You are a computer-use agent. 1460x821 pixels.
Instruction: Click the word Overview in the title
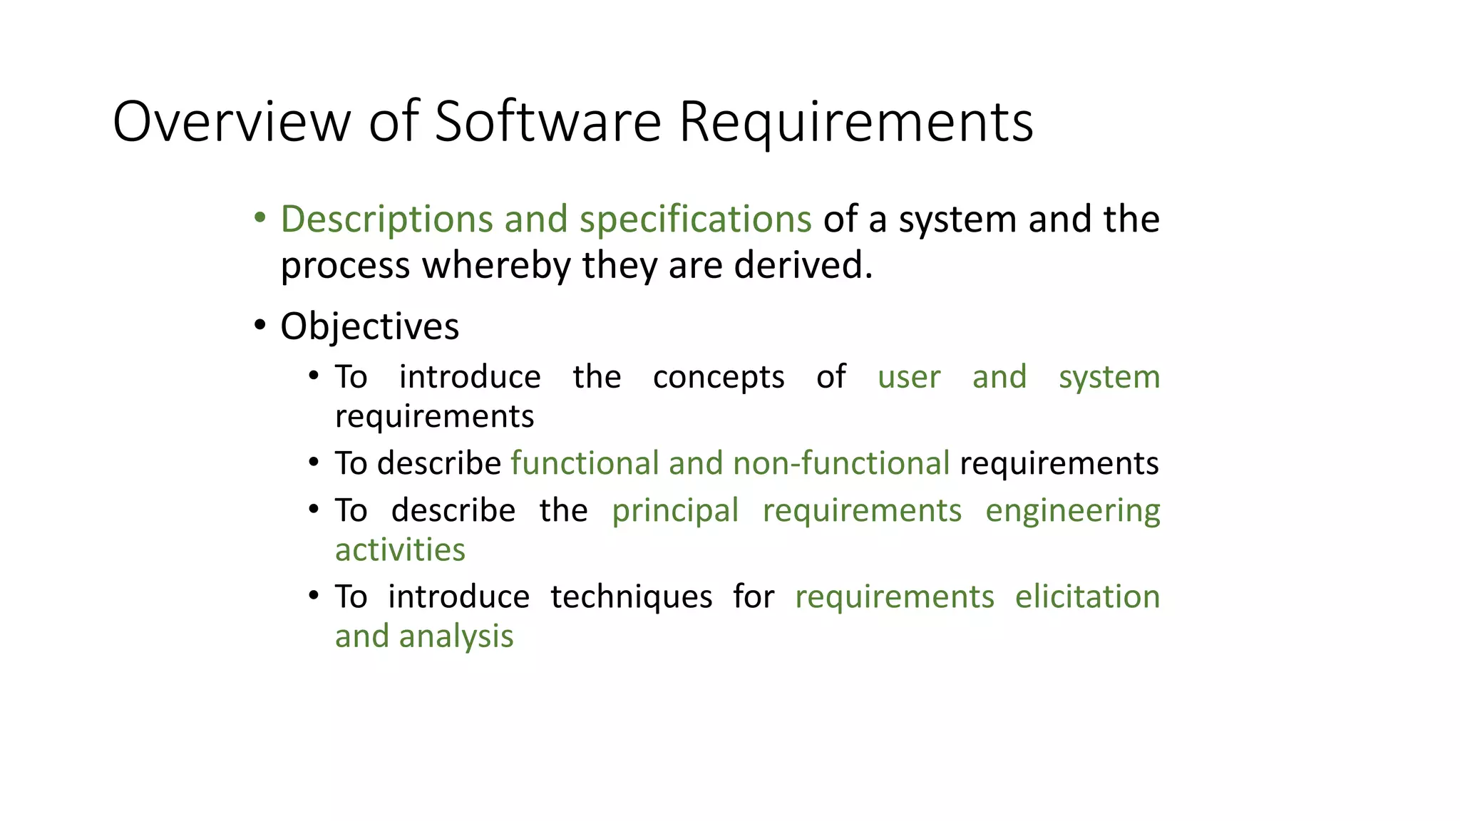[232, 122]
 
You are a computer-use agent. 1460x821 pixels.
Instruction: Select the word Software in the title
[547, 122]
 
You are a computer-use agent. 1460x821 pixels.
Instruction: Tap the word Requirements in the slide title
[855, 122]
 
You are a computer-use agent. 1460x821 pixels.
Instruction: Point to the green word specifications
[695, 220]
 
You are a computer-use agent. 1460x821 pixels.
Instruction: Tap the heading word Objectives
[369, 327]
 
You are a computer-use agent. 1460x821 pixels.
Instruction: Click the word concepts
[718, 378]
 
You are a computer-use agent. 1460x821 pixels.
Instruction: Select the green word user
[909, 378]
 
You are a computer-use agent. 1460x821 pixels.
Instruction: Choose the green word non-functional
[840, 463]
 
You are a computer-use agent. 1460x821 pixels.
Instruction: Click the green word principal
[674, 511]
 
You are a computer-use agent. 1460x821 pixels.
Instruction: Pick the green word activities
[400, 550]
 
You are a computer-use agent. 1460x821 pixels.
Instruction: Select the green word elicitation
[1087, 597]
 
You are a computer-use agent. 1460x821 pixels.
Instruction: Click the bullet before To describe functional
[314, 463]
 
